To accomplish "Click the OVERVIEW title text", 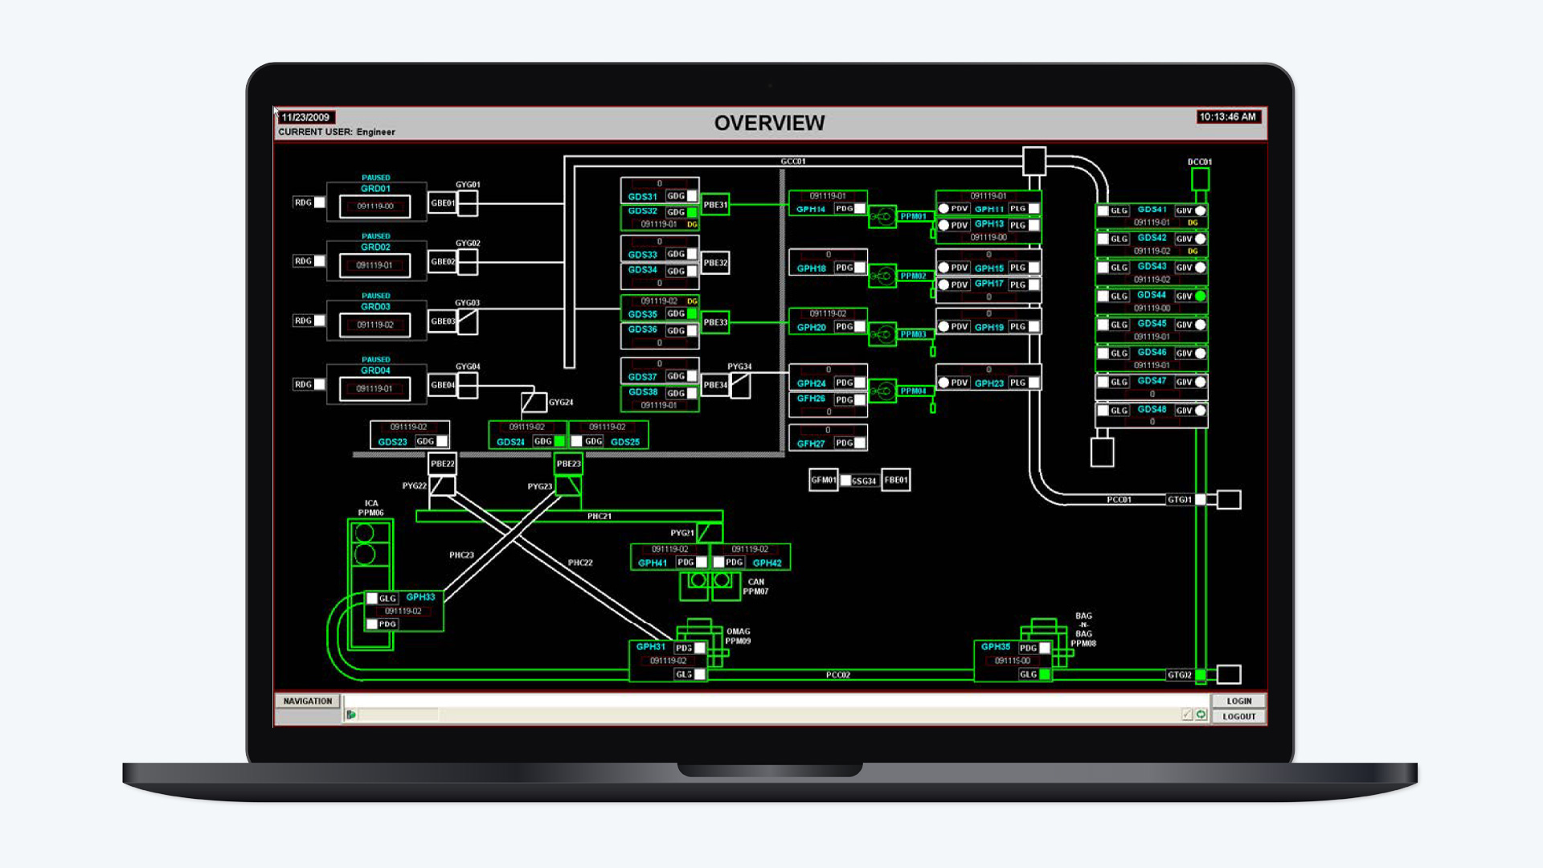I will (x=769, y=123).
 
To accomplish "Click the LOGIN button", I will (x=1238, y=701).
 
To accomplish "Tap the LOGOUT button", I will (x=1238, y=716).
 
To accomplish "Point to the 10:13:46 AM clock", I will (x=1227, y=117).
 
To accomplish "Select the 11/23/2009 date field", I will (x=305, y=117).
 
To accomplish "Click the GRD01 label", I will (x=375, y=189).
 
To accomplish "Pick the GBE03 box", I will (x=442, y=321).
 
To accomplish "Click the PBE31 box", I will (x=715, y=205).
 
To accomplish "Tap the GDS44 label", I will (x=1152, y=295).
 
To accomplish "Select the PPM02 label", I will (x=913, y=276).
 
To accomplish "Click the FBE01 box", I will (x=895, y=480).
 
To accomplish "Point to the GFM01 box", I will (x=823, y=480).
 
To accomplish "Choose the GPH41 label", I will (x=653, y=563).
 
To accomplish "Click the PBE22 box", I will (x=442, y=464).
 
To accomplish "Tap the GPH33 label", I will (x=420, y=597).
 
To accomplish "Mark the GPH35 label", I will (x=996, y=647).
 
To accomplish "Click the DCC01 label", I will (x=1199, y=162).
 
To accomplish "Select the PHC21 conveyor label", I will (x=599, y=516).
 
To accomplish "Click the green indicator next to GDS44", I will (x=1201, y=297).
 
